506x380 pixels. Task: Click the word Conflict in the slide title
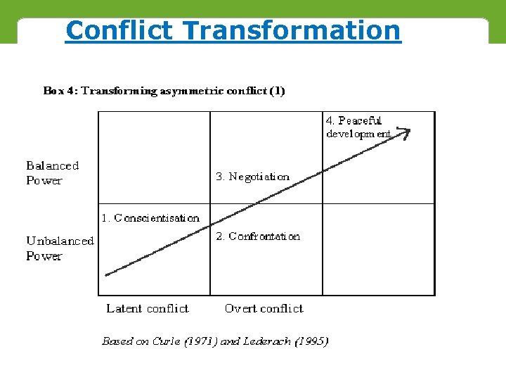point(119,30)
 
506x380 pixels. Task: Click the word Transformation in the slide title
point(291,30)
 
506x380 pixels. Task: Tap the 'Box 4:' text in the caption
point(60,91)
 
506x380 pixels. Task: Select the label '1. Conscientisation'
point(150,218)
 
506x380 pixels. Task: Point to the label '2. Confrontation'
point(258,236)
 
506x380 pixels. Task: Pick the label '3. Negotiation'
point(252,177)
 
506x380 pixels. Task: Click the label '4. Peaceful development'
point(358,127)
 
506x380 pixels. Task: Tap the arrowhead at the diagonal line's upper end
point(405,132)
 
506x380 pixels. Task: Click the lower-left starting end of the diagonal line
point(107,274)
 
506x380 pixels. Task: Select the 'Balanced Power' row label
point(53,173)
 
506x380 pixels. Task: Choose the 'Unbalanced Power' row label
point(60,248)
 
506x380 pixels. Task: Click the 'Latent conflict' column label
point(148,308)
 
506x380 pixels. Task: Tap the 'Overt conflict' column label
point(264,308)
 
